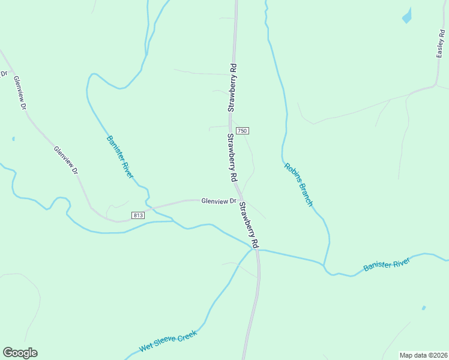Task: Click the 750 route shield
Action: tap(242, 131)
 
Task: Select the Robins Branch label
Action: tap(298, 185)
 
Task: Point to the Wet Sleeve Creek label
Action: tap(168, 343)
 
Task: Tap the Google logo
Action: tap(20, 353)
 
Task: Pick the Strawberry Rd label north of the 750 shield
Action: tap(232, 88)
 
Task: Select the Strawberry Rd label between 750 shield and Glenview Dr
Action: tap(231, 158)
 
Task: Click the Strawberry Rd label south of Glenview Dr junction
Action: tap(249, 225)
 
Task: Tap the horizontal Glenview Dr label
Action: tap(219, 201)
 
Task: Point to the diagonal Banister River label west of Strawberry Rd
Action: tap(120, 157)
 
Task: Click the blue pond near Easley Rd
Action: tap(407, 16)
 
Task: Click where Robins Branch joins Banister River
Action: tap(324, 265)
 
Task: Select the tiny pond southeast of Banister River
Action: tap(424, 308)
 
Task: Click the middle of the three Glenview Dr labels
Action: tap(66, 160)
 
